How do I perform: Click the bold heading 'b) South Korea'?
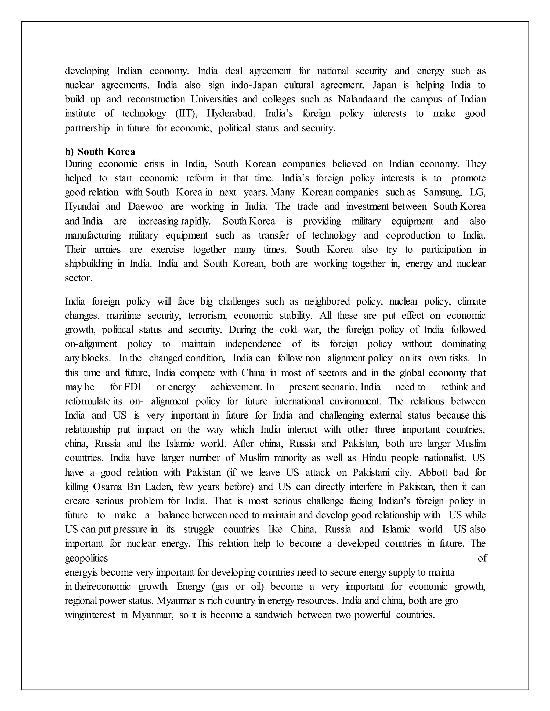pyautogui.click(x=100, y=152)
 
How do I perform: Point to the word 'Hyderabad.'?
pyautogui.click(x=231, y=113)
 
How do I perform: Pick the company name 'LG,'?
pyautogui.click(x=478, y=192)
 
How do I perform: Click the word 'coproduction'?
pyautogui.click(x=413, y=235)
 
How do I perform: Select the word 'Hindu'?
pyautogui.click(x=373, y=458)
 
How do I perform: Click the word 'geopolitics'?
pyautogui.click(x=86, y=558)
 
